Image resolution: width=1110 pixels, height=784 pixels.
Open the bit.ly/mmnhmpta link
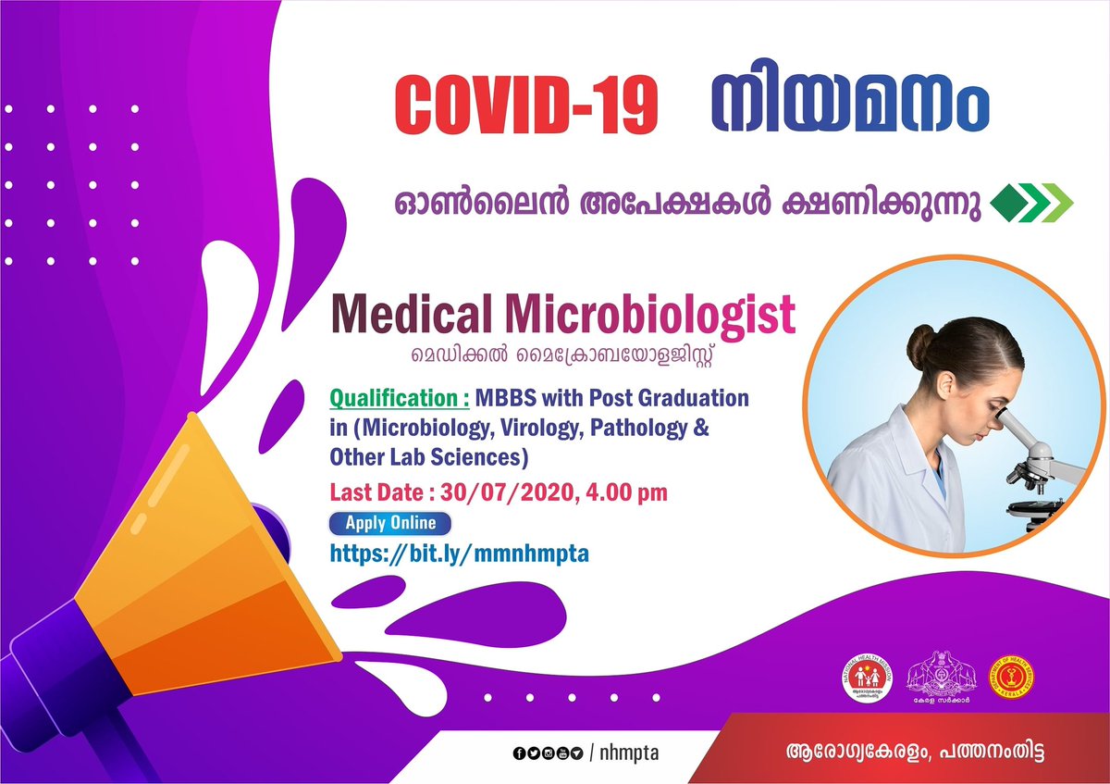460,554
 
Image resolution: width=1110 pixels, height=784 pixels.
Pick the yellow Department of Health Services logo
1007,683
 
